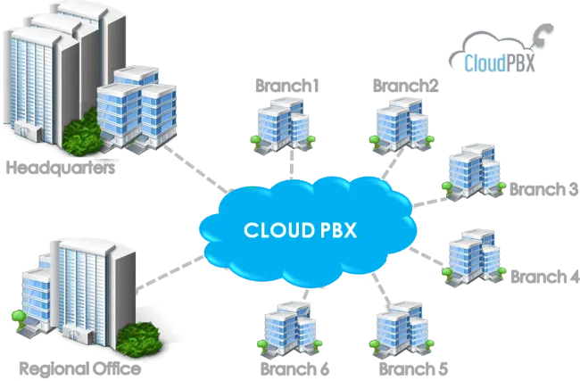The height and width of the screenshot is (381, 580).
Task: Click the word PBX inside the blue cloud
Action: pyautogui.click(x=336, y=229)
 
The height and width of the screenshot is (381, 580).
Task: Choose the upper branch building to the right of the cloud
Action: pyautogui.click(x=472, y=174)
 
